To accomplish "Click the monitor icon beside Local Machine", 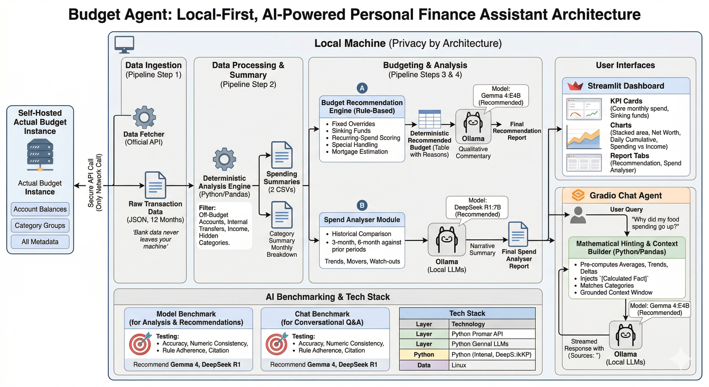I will tap(124, 44).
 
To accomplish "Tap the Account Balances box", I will tap(40, 209).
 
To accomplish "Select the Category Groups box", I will tap(40, 226).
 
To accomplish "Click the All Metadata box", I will tap(40, 242).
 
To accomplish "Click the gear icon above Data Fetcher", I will tap(144, 117).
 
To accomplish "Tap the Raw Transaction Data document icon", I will tap(155, 185).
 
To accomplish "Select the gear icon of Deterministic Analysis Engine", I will tap(224, 159).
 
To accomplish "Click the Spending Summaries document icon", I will tap(282, 155).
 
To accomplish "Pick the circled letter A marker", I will tap(362, 88).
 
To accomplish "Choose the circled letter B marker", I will tap(362, 205).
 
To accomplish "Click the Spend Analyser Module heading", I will tap(362, 220).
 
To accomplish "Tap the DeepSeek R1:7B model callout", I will tap(477, 208).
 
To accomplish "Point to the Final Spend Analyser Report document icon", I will tap(518, 234).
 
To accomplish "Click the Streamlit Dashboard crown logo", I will tap(575, 86).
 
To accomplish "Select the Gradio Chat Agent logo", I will tap(578, 195).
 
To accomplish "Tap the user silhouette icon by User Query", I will tap(578, 215).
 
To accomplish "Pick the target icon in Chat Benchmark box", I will tap(277, 344).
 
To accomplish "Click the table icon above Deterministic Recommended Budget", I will tap(430, 119).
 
